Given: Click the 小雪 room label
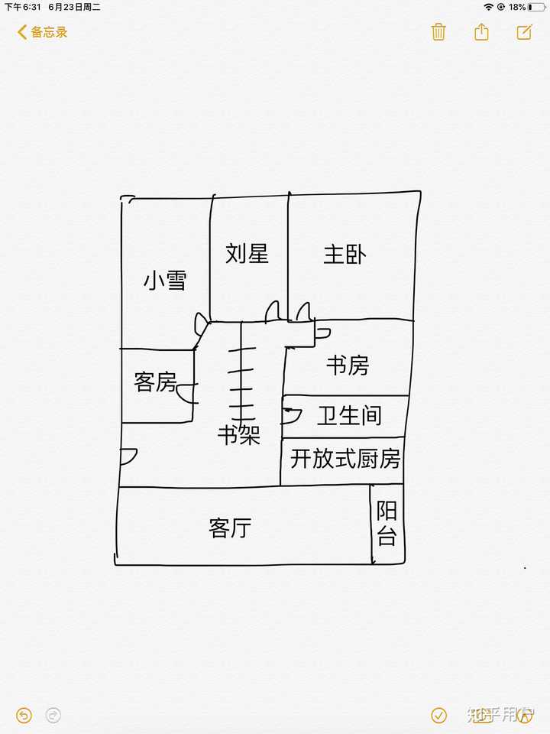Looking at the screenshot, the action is coord(165,281).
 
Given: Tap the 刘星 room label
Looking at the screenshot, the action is coord(247,254).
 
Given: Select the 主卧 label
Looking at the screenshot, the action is coord(344,255).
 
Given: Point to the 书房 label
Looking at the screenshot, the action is coord(348,366).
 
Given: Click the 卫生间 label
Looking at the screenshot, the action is coord(349,416).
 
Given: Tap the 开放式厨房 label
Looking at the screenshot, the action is coord(345,460).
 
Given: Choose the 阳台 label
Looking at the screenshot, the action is coord(387,524).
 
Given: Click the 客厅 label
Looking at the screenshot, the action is coord(230,528).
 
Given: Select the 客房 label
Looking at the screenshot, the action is coord(155,382).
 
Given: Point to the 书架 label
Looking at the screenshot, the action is coord(239,435).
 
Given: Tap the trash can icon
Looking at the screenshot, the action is coord(438,32).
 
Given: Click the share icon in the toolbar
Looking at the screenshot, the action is coord(481,32).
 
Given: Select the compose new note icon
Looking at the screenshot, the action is coord(524,32).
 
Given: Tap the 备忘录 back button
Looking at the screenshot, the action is coord(43,32).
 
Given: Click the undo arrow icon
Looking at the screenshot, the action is coord(24,715).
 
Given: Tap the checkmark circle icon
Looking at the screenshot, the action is coord(438,715).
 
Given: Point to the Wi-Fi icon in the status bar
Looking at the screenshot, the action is coord(488,7).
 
